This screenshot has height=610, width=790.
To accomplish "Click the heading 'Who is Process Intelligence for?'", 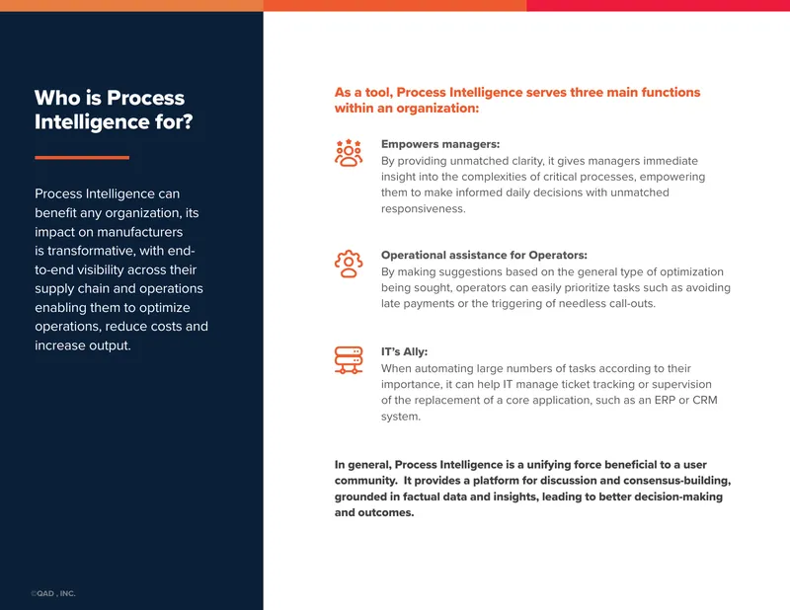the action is [x=114, y=110].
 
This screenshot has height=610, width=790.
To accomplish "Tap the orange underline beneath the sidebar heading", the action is [x=82, y=158].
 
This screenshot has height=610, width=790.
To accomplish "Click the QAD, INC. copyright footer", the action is [x=53, y=593].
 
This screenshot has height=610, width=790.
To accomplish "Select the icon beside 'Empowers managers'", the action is [x=349, y=153].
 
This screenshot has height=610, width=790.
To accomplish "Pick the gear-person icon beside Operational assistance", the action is [x=349, y=264].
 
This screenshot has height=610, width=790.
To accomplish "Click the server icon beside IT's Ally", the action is [x=349, y=360].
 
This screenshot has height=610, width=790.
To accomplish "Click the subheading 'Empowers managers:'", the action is [x=440, y=144].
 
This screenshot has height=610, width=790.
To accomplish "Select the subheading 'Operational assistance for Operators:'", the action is [x=484, y=255].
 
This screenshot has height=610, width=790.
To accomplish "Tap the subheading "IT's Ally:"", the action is [x=404, y=351].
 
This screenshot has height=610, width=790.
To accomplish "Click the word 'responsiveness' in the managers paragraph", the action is [x=423, y=208].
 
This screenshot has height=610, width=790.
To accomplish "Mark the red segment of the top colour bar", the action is [x=658, y=6].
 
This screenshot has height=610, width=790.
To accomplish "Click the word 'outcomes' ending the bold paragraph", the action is [x=389, y=513].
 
